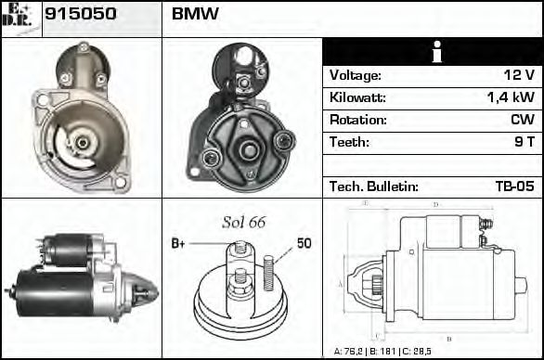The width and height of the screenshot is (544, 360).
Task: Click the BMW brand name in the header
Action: point(196,16)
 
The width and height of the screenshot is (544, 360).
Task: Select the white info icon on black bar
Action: point(432,53)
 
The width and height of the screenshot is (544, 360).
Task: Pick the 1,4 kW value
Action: point(511,97)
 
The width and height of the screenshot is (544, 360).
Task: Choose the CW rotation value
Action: point(522,120)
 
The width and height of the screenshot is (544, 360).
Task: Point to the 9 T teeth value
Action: point(524,142)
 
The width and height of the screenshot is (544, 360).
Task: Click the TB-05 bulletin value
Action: point(514,186)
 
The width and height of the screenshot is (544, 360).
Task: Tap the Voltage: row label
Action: point(356,75)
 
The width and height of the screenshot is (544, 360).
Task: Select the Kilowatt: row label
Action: point(357,97)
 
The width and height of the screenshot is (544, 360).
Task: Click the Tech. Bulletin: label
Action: point(374,186)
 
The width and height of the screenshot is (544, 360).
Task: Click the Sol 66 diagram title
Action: point(243,222)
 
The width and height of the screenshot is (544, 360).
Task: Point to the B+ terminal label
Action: point(178,243)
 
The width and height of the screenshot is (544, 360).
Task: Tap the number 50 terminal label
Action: point(304,243)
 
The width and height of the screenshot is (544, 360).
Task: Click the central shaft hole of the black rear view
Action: point(249,149)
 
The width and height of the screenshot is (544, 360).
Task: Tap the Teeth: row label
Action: point(349,142)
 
